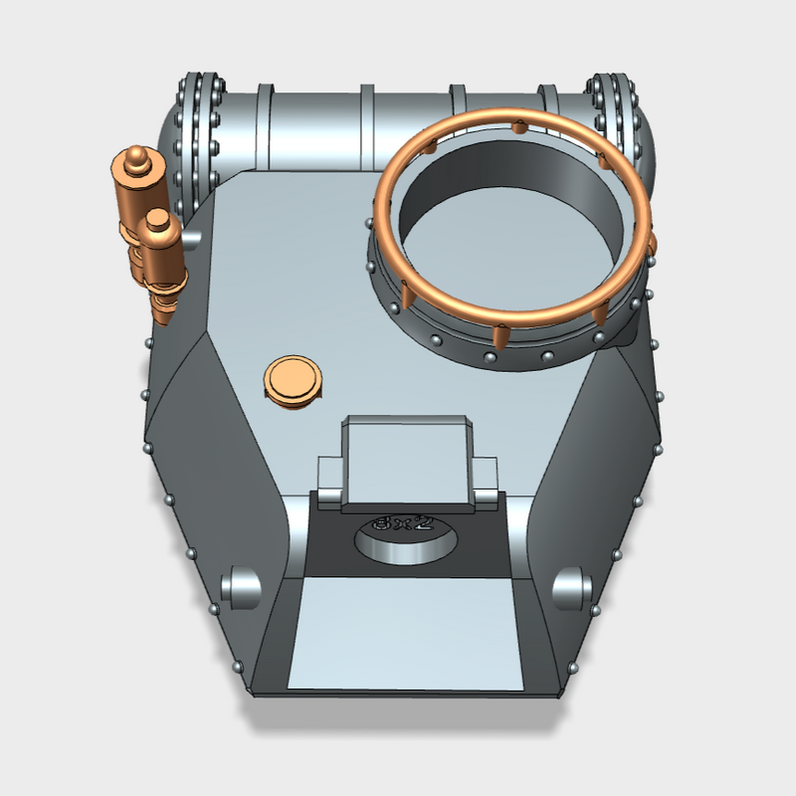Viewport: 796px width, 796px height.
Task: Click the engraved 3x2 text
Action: [x=400, y=522]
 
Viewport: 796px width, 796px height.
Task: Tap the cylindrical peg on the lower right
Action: [x=571, y=587]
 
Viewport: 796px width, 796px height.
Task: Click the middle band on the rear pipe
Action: [x=365, y=124]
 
